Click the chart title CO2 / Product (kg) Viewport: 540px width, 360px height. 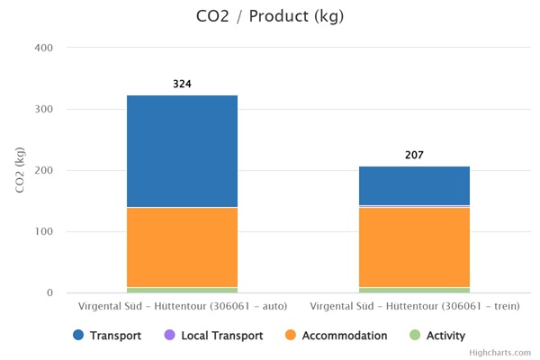pyautogui.click(x=270, y=16)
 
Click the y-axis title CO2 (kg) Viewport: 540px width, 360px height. pyautogui.click(x=19, y=170)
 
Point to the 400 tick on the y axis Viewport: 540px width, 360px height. pyautogui.click(x=44, y=48)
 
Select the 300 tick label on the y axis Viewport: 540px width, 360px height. pyautogui.click(x=44, y=109)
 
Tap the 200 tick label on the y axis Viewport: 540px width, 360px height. pyautogui.click(x=44, y=170)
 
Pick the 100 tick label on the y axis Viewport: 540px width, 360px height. pyautogui.click(x=44, y=231)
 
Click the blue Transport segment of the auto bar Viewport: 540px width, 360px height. pyautogui.click(x=182, y=151)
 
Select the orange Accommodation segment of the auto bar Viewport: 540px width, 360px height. pyautogui.click(x=182, y=247)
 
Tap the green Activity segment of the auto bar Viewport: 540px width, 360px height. pyautogui.click(x=182, y=290)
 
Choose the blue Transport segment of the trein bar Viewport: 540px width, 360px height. pyautogui.click(x=414, y=186)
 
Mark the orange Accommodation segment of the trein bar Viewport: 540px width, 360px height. pyautogui.click(x=414, y=247)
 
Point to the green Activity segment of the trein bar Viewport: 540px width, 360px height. pyautogui.click(x=414, y=290)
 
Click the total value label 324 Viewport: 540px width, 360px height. pyautogui.click(x=182, y=85)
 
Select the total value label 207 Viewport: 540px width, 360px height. pyautogui.click(x=414, y=156)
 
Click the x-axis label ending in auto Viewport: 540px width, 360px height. pyautogui.click(x=182, y=307)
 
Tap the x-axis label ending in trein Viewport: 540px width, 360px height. pyautogui.click(x=414, y=307)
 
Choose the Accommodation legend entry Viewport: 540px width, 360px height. pyautogui.click(x=336, y=336)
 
